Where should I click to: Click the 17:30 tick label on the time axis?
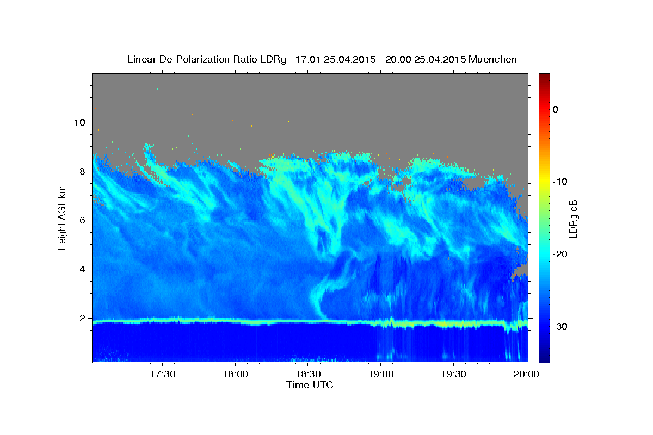click(163, 374)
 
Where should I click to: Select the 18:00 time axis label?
click(235, 374)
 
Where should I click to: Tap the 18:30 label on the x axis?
click(308, 374)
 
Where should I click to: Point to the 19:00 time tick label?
click(381, 374)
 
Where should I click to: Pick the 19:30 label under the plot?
click(453, 374)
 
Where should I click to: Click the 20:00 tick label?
click(526, 374)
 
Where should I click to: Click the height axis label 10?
click(78, 122)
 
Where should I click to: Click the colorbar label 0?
click(556, 109)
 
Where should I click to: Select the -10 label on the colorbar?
click(560, 182)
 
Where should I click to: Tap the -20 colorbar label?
click(560, 254)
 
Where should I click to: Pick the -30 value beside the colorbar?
click(560, 326)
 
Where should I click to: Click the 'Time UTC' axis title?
click(310, 385)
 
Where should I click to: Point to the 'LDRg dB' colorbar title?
click(573, 217)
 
